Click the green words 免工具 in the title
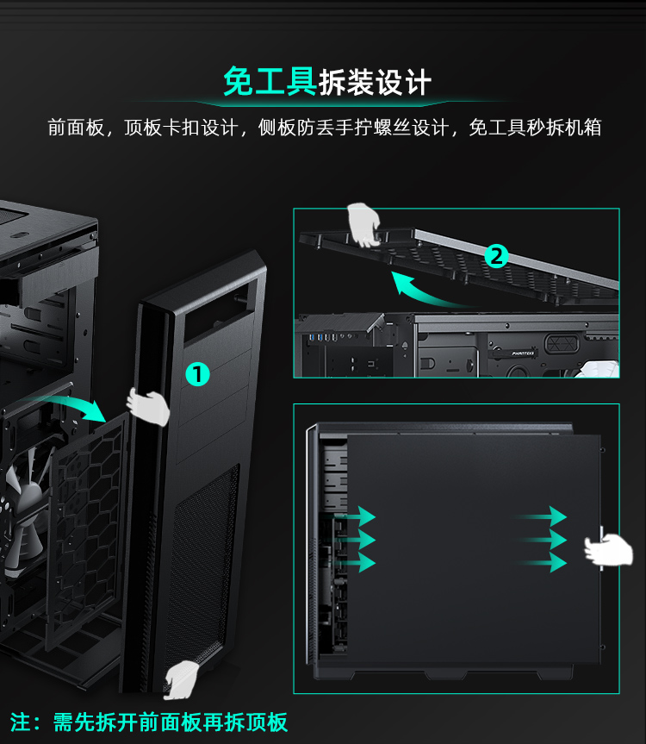[270, 82]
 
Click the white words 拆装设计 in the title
[375, 83]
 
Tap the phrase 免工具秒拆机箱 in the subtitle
[535, 128]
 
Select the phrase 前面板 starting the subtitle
[76, 128]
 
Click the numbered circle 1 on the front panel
[197, 374]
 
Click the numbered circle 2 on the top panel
[496, 256]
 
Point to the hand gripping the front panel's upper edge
[148, 406]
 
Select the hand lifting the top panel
[363, 225]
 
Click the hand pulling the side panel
[609, 549]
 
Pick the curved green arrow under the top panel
[426, 291]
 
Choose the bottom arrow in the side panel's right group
[544, 563]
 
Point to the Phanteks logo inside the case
[523, 353]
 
